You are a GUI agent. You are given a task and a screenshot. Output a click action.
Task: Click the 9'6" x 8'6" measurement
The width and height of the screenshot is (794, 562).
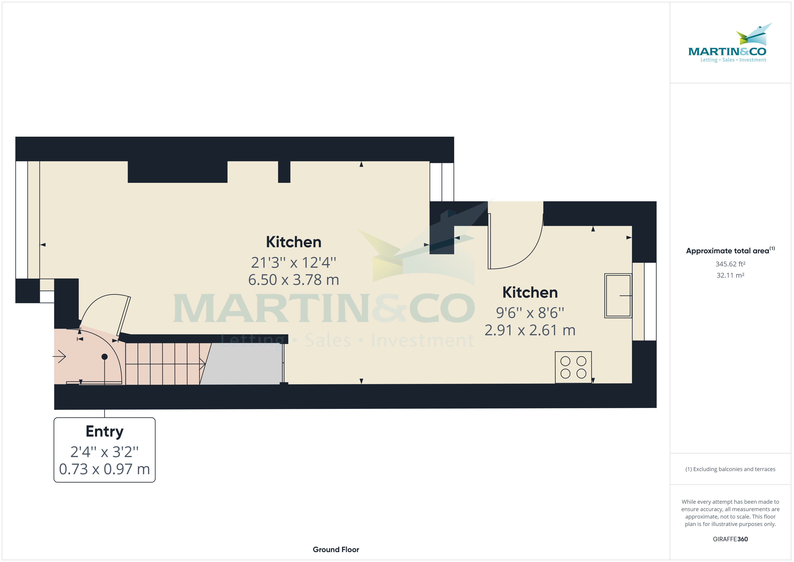tap(530, 313)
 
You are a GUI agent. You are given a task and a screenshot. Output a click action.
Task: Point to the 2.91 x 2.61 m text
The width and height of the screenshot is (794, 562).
tap(530, 330)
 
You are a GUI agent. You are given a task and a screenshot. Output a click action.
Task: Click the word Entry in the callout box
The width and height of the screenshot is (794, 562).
tap(104, 432)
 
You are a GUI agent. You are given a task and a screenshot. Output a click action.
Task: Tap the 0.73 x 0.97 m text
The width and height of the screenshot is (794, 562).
tap(104, 469)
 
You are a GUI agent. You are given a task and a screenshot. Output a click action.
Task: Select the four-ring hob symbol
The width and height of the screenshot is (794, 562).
tap(573, 367)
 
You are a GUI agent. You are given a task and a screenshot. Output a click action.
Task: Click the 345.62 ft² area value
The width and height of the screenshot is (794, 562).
tap(730, 264)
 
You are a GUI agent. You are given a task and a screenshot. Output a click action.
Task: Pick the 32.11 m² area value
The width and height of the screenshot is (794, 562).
tap(730, 275)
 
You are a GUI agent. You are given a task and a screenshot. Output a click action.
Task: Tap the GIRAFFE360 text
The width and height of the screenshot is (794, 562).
tap(730, 539)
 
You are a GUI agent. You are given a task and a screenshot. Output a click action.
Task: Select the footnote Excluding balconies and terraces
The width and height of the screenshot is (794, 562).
tap(730, 469)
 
